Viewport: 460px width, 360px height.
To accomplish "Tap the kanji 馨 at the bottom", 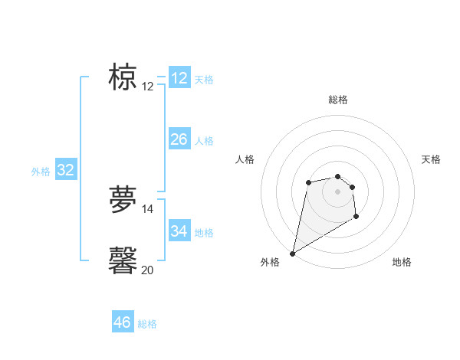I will pyautogui.click(x=123, y=260).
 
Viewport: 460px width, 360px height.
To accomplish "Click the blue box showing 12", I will pyautogui.click(x=179, y=78).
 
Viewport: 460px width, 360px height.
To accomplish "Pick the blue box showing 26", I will pyautogui.click(x=179, y=139).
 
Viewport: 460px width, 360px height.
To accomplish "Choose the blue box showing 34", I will pyautogui.click(x=179, y=231).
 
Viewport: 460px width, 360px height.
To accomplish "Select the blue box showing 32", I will pyautogui.click(x=65, y=170).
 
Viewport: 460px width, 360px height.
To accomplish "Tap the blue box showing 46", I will pyautogui.click(x=123, y=322).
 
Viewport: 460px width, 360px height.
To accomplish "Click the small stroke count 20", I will pyautogui.click(x=147, y=270).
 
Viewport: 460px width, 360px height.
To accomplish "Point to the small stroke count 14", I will pyautogui.click(x=147, y=208).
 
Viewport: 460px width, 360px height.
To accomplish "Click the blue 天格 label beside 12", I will pyautogui.click(x=204, y=80).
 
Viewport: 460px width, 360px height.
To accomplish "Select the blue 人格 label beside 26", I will pyautogui.click(x=204, y=141).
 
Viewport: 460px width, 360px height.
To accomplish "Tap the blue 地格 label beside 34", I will pyautogui.click(x=204, y=232).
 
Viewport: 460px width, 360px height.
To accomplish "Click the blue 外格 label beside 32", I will pyautogui.click(x=41, y=172).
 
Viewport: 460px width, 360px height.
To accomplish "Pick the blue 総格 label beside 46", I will pyautogui.click(x=147, y=324).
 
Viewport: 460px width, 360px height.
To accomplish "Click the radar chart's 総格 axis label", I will pyautogui.click(x=337, y=100).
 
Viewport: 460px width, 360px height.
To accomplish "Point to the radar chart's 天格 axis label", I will pyautogui.click(x=431, y=159).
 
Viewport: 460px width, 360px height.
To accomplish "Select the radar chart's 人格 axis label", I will pyautogui.click(x=245, y=159).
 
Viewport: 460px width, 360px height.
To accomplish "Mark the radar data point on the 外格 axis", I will pyautogui.click(x=292, y=254).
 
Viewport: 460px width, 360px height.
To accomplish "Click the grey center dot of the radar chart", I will pyautogui.click(x=337, y=191).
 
